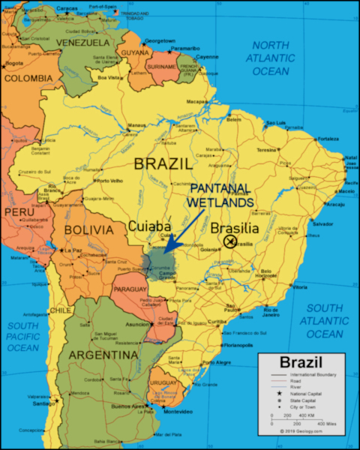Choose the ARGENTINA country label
[x=103, y=354]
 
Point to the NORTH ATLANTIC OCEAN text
[x=269, y=58]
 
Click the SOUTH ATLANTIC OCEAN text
[x=325, y=320]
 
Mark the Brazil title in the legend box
[x=295, y=361]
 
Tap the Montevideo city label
[x=178, y=412]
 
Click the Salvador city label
[x=322, y=224]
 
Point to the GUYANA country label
[x=135, y=53]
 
